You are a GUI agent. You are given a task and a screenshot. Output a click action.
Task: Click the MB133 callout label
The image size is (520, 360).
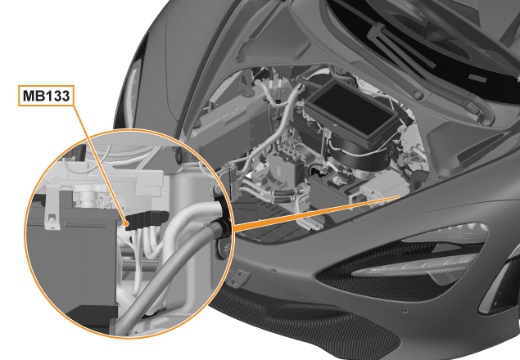click(46, 96)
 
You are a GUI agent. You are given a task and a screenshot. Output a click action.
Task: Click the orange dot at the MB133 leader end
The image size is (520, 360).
click(126, 224)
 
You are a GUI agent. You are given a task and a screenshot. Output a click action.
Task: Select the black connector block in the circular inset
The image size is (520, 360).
click(146, 219)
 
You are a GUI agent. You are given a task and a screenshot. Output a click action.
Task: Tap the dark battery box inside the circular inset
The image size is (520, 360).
click(71, 265)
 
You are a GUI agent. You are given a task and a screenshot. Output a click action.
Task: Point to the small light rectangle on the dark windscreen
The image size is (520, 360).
click(477, 79)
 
